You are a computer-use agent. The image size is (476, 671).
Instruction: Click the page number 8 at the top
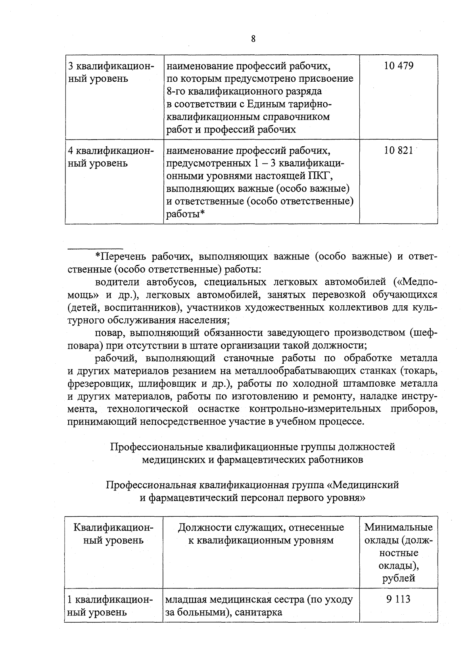[x=253, y=39]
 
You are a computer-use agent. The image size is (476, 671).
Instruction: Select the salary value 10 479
[x=399, y=66]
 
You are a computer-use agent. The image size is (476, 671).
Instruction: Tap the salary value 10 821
[x=399, y=151]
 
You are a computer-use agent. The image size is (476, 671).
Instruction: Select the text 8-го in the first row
[x=176, y=92]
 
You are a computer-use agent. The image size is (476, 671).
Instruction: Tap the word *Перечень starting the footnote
[x=121, y=257]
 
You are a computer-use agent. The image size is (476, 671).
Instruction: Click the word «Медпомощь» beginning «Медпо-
[x=415, y=282]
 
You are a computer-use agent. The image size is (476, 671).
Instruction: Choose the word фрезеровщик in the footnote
[x=95, y=384]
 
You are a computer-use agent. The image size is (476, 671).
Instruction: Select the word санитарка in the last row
[x=258, y=612]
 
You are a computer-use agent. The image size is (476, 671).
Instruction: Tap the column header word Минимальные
[x=398, y=527]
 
